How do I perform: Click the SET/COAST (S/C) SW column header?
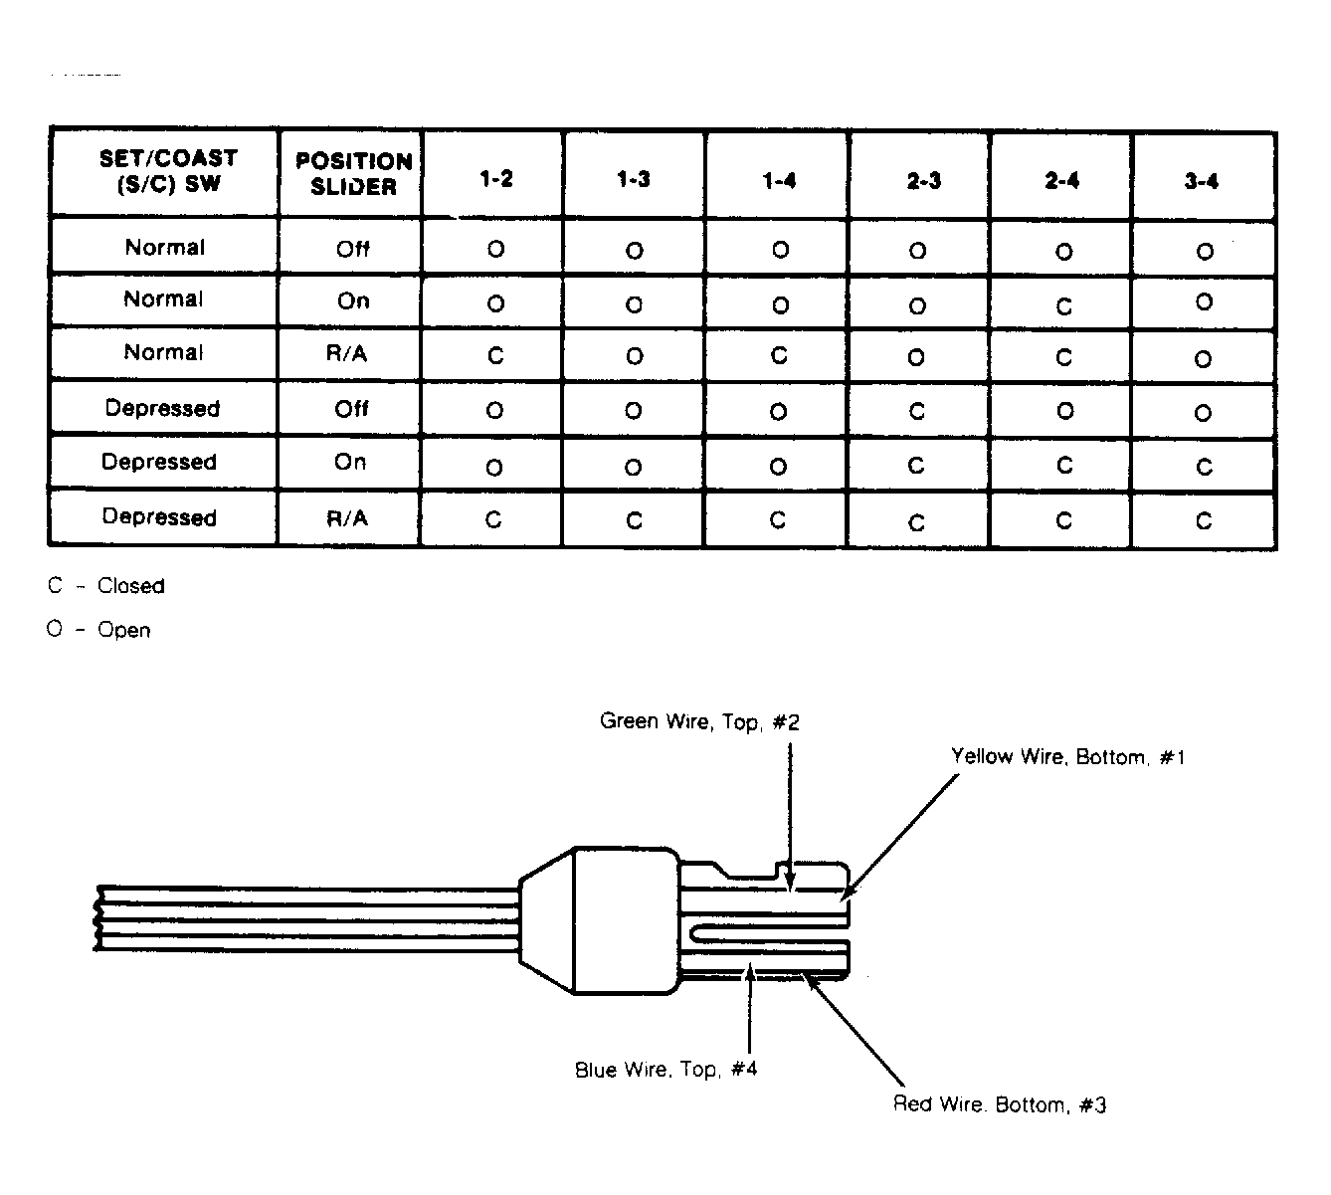click(168, 171)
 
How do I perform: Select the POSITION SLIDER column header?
click(353, 174)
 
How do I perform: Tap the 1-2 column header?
click(496, 179)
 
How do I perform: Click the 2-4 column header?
click(1062, 181)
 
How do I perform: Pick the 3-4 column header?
click(1202, 181)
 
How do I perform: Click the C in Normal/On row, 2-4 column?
click(1064, 306)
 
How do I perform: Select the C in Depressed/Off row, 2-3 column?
click(917, 412)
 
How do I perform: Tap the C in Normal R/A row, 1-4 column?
click(779, 355)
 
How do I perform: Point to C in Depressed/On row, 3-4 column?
click(1205, 467)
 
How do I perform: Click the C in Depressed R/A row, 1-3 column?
click(634, 521)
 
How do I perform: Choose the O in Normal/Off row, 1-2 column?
click(496, 249)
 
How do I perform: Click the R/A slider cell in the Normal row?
click(347, 353)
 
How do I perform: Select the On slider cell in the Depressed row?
click(350, 462)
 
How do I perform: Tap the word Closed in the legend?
click(130, 586)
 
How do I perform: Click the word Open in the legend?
click(124, 630)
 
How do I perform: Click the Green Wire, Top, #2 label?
click(699, 721)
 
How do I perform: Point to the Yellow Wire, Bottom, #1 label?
click(1067, 756)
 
